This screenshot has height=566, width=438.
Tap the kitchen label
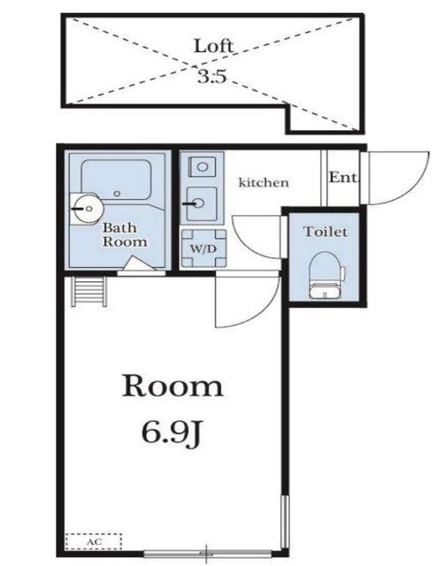(264, 182)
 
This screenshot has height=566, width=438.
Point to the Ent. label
(342, 177)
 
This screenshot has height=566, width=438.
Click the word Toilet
(325, 232)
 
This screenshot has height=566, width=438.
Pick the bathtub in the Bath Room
(120, 180)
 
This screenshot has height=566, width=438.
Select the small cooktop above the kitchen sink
(198, 166)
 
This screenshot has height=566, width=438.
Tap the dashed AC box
(93, 539)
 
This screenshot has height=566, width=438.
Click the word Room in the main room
(172, 386)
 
